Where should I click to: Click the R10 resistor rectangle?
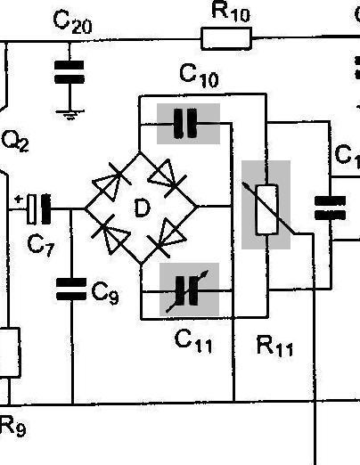point(226,38)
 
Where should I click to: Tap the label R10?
point(231,12)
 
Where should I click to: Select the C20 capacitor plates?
point(70,72)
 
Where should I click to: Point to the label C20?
point(72,21)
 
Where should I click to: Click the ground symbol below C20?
point(70,115)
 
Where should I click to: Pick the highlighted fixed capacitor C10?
point(185,124)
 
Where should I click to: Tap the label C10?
point(199,77)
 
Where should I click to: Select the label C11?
point(193,341)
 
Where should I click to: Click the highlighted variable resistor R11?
point(267,209)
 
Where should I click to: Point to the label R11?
point(274,346)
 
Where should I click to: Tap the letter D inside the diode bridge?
point(143,208)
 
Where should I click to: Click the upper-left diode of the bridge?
point(110,181)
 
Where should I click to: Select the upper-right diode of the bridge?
point(168,178)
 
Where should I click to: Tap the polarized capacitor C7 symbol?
point(38,209)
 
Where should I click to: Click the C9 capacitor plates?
point(71,289)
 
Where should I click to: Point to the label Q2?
point(15,142)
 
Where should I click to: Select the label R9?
point(12,426)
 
